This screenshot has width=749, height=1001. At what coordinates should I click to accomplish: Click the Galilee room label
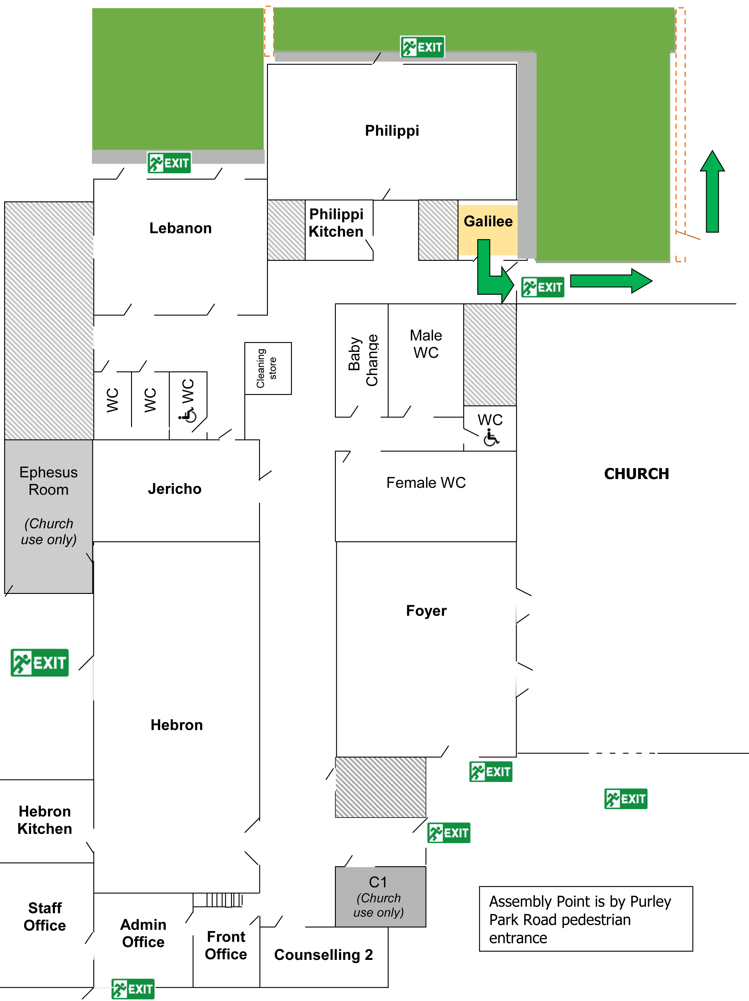click(488, 221)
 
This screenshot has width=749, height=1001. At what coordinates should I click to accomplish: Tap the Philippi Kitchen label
click(336, 223)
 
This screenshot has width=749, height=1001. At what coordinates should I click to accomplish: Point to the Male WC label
click(426, 344)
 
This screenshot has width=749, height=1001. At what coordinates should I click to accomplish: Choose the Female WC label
click(426, 482)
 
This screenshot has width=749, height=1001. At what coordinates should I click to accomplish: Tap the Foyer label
click(426, 611)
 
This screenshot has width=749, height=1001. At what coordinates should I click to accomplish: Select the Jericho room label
click(175, 489)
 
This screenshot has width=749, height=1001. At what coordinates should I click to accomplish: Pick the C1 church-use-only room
click(380, 896)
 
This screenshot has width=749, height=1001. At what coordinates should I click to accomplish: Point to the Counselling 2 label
click(323, 954)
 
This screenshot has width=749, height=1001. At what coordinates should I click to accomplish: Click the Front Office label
click(226, 945)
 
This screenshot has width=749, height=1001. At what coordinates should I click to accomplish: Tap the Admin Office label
click(143, 933)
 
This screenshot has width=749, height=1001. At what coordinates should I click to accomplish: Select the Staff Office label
click(45, 916)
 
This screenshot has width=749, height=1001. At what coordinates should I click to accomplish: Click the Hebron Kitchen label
click(45, 820)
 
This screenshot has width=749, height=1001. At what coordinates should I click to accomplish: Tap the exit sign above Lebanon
click(169, 163)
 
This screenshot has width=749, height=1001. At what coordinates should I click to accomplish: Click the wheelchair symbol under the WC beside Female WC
click(491, 438)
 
